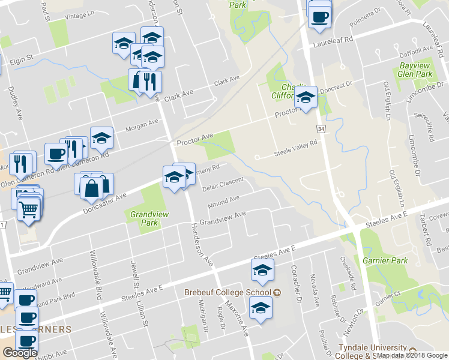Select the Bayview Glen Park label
pos(415,70)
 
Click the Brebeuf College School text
pos(227,292)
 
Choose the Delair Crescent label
pos(223,184)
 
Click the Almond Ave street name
pos(223,202)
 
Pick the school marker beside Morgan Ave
pos(101,138)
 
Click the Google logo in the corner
pos(20,352)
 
